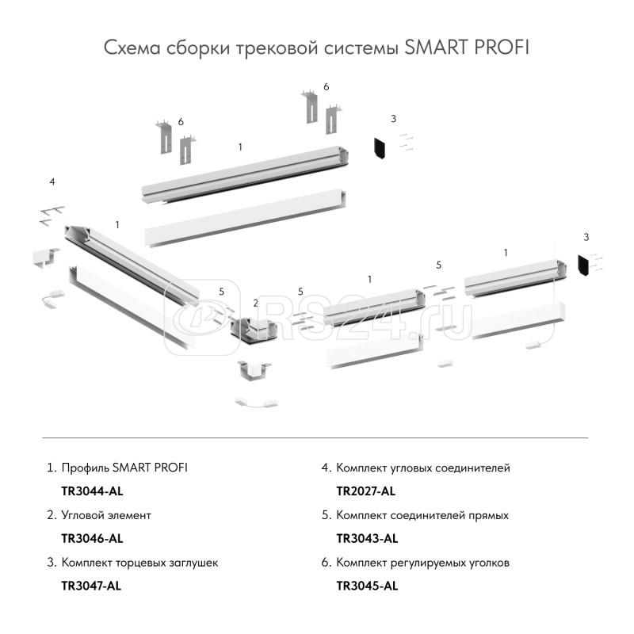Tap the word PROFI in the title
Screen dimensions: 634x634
click(498, 48)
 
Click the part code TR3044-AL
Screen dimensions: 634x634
click(92, 491)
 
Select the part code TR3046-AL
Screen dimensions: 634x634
click(92, 539)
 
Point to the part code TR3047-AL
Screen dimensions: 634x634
click(92, 586)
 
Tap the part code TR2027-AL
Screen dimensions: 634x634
click(366, 491)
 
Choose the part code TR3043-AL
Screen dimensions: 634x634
click(367, 539)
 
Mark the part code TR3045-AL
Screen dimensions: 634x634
click(367, 586)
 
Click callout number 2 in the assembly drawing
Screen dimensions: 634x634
click(255, 304)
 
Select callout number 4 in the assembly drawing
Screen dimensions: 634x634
click(52, 182)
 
